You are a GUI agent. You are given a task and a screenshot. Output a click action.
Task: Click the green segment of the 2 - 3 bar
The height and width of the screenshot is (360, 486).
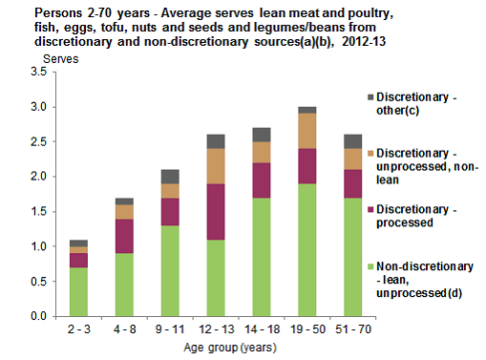coord(78,290)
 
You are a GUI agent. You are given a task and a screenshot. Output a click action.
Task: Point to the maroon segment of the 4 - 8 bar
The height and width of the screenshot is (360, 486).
coord(124,236)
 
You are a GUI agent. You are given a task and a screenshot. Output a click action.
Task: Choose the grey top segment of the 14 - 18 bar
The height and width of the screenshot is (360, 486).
coord(261,135)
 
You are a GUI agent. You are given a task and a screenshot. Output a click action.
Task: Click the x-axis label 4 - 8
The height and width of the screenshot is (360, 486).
coord(124,328)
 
